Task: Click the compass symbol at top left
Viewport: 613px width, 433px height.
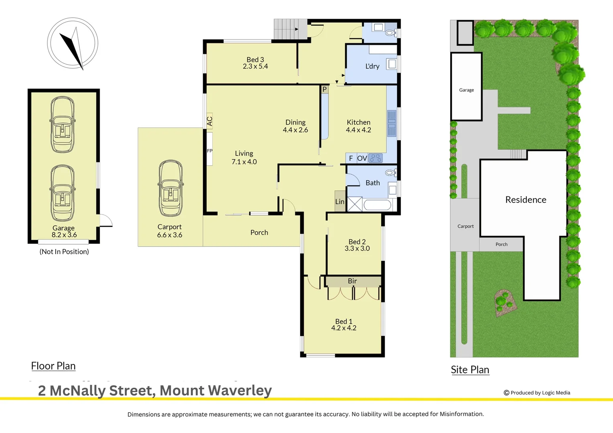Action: [73, 43]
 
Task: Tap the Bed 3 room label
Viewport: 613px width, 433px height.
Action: [255, 60]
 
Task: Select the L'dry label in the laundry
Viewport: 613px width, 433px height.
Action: [372, 66]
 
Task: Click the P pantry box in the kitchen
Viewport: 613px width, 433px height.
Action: [325, 89]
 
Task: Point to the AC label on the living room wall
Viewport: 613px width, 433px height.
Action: [209, 121]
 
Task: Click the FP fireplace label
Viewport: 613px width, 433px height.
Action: [209, 151]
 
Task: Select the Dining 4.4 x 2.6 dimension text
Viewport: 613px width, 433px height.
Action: [295, 130]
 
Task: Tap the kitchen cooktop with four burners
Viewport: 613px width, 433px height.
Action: [376, 158]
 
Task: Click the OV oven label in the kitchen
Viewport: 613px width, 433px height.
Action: [362, 158]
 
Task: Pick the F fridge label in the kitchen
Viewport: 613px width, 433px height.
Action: [351, 158]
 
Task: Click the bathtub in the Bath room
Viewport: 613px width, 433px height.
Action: [377, 205]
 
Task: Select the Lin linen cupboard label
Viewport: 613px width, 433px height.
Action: [340, 202]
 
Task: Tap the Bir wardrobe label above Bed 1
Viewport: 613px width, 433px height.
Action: [352, 281]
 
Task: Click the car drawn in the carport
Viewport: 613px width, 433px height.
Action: [171, 188]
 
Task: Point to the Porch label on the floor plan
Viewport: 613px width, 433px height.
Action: [259, 233]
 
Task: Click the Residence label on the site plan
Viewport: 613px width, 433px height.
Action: [526, 200]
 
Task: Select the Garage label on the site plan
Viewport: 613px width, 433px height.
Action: [466, 90]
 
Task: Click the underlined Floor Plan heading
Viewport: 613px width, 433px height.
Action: [53, 366]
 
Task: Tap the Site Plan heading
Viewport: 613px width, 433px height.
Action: [470, 370]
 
